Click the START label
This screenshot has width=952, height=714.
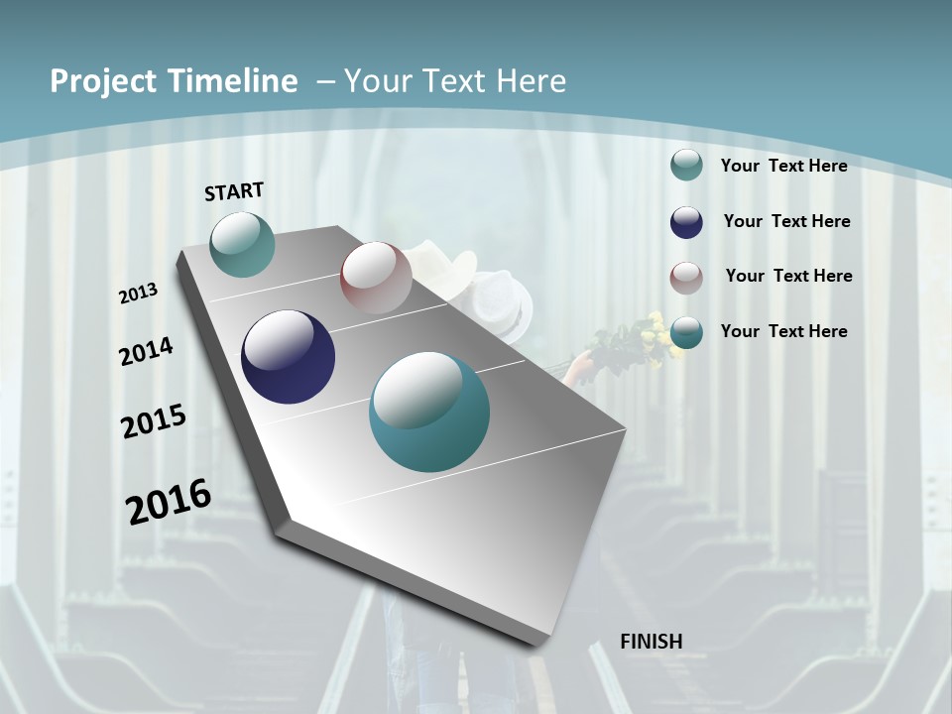coord(234,191)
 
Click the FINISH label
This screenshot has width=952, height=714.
coord(651,642)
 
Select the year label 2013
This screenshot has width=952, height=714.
coord(138,294)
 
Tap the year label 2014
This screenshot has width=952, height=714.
coord(146,352)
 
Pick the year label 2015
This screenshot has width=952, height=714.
coord(154,421)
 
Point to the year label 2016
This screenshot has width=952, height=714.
coord(169,502)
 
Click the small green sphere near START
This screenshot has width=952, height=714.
coord(242,244)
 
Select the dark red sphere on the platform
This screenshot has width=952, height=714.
coord(376,277)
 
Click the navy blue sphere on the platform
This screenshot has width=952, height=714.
coord(288,357)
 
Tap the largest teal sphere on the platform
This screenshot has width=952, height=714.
coord(429,412)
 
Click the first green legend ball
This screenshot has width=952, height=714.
coord(686,166)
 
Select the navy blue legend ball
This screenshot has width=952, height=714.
coord(686,222)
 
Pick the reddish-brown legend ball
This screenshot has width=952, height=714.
coord(686,277)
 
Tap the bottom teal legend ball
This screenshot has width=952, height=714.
coord(686,332)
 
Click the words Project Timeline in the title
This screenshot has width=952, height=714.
coord(174,81)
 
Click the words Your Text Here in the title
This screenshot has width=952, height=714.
coord(454,81)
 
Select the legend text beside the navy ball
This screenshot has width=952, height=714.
coord(786,221)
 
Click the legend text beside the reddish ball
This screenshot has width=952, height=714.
coord(788,276)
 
